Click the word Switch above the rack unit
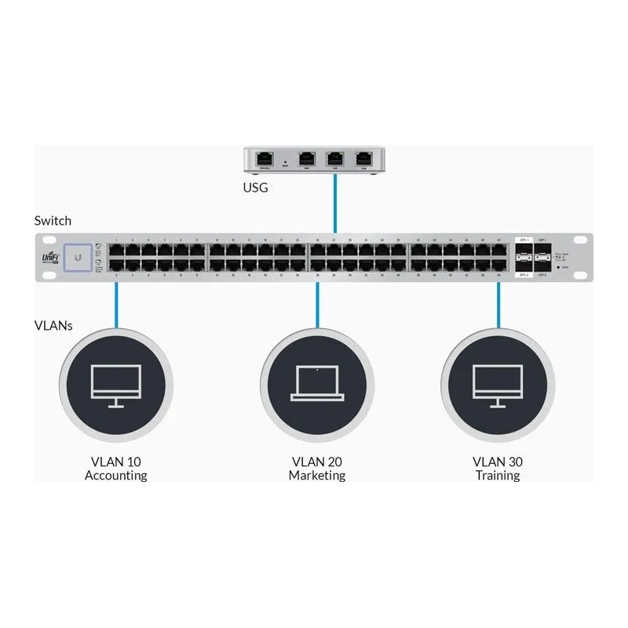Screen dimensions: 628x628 pos(53,221)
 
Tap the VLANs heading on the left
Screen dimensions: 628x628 pos(53,325)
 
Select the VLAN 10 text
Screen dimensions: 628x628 pos(116,462)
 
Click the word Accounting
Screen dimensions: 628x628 pos(116,476)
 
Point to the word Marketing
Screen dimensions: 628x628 pos(316,476)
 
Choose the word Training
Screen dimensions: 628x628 pos(498,476)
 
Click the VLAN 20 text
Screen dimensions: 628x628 pos(316,462)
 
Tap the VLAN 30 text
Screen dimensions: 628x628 pos(498,462)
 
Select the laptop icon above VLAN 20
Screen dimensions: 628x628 pos(316,383)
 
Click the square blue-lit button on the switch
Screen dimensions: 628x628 pos(78,256)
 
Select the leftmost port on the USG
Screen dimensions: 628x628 pos(264,158)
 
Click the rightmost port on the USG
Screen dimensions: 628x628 pos(363,158)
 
